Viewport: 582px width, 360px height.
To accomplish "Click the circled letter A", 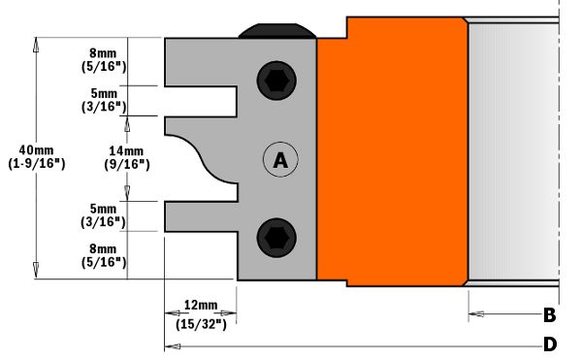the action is pyautogui.click(x=280, y=160).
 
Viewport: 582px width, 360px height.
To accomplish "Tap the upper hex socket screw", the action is pyautogui.click(x=276, y=81).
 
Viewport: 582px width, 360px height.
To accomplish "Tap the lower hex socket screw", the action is pyautogui.click(x=276, y=238).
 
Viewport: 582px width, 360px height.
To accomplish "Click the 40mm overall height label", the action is pyautogui.click(x=37, y=150).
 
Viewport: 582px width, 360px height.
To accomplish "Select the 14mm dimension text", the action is pyautogui.click(x=126, y=151).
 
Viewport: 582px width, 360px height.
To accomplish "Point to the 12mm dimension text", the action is pyautogui.click(x=201, y=306).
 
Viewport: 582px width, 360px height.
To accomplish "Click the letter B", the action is pyautogui.click(x=550, y=315).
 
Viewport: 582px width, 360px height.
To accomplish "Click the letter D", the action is pyautogui.click(x=550, y=344).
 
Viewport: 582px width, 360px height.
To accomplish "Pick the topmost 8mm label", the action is pyautogui.click(x=103, y=53).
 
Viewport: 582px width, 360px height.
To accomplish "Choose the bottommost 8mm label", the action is pyautogui.click(x=103, y=248).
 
